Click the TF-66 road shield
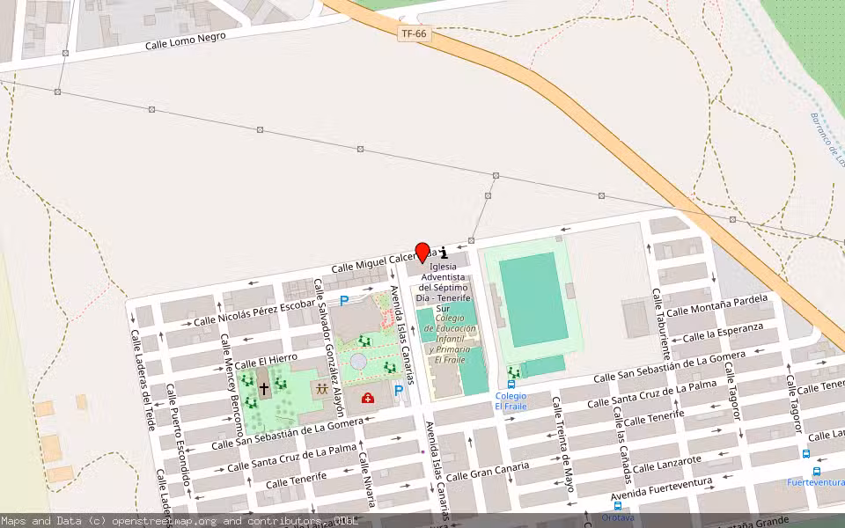414,33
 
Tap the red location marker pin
422,252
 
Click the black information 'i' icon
444,253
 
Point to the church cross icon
263,386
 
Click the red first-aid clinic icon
367,398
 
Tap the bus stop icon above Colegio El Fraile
511,384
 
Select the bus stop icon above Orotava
617,506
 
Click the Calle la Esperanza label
723,333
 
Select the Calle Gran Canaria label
487,471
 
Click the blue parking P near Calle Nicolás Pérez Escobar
344,301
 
